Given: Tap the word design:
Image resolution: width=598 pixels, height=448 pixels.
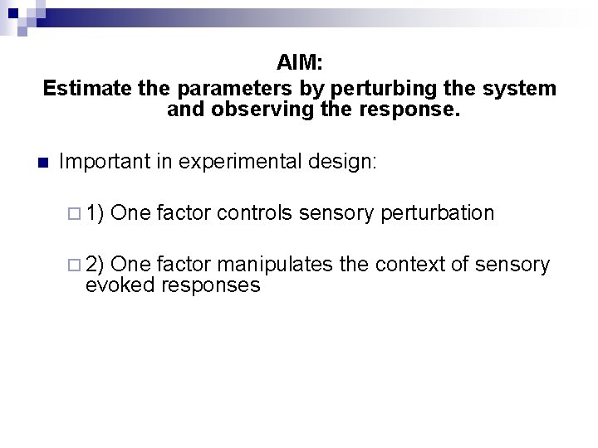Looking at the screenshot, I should [348, 162].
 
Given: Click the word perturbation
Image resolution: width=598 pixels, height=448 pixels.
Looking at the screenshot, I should [438, 213].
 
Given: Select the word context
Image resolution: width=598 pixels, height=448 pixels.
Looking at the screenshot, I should [408, 265].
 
